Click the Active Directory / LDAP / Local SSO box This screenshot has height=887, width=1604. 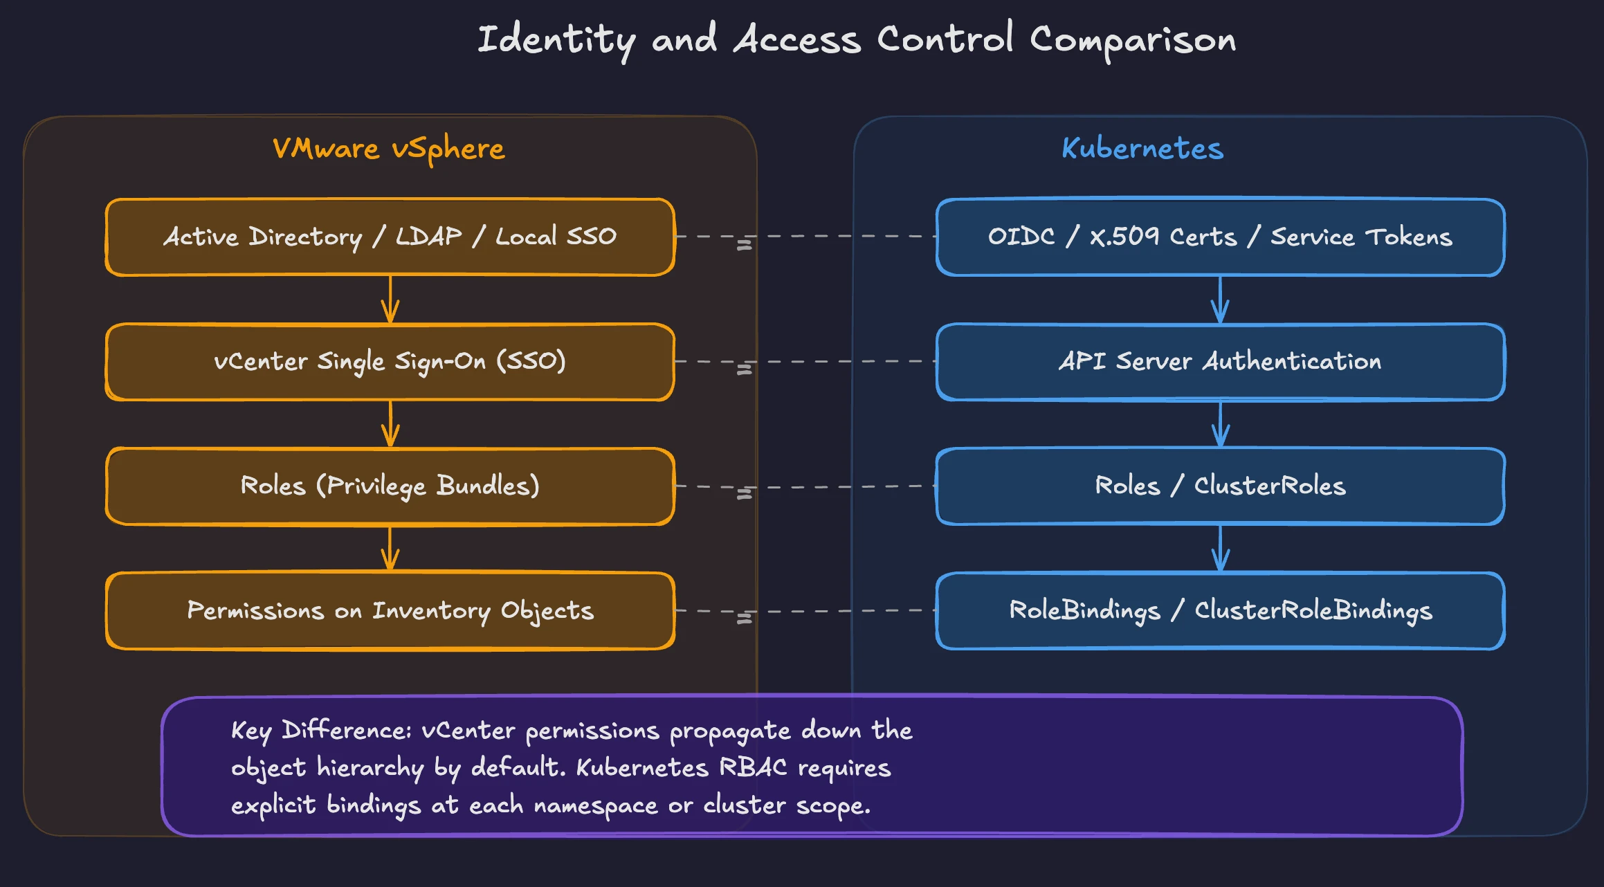390,237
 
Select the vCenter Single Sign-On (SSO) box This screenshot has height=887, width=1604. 390,362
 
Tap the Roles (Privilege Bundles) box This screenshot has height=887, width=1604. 390,486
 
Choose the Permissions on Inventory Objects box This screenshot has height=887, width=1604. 390,611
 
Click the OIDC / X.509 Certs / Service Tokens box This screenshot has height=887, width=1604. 1220,237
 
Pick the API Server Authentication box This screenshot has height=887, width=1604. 1220,362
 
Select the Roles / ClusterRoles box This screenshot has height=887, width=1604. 1220,486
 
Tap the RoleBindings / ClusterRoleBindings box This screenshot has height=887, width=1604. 1220,611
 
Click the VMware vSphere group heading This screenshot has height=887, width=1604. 388,149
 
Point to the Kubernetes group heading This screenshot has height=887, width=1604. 1142,149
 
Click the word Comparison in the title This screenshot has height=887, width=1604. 1133,39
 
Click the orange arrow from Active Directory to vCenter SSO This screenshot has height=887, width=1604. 390,300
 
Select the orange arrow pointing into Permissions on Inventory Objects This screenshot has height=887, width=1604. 390,549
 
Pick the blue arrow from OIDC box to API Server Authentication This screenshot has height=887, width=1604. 1220,300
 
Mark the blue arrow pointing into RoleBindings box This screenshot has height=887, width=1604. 1220,549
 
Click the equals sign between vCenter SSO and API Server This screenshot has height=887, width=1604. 744,369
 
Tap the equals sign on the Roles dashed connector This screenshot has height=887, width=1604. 744,494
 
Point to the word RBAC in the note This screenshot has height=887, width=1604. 753,768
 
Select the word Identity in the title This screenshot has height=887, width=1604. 556,39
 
